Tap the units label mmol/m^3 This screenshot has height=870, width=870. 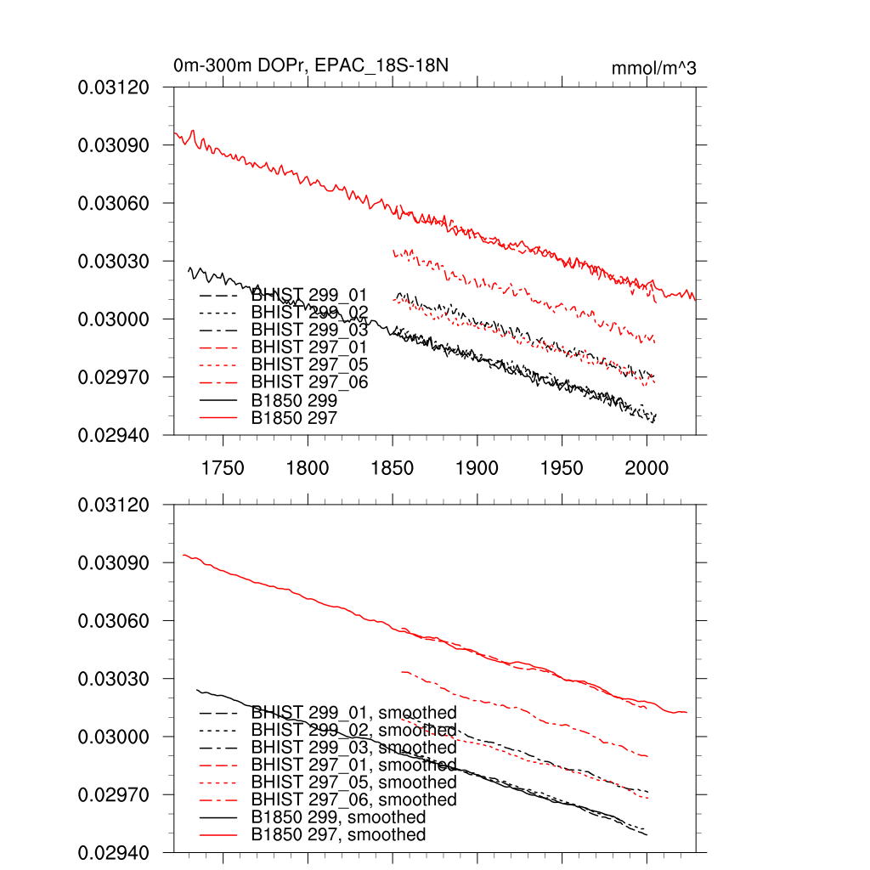pyautogui.click(x=653, y=68)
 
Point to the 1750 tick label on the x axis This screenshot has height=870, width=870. pyautogui.click(x=223, y=468)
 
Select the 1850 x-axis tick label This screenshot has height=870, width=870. pyautogui.click(x=393, y=468)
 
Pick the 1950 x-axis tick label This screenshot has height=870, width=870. pyautogui.click(x=562, y=468)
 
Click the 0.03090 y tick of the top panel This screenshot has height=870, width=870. pyautogui.click(x=114, y=145)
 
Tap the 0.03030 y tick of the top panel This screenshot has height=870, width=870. pyautogui.click(x=114, y=261)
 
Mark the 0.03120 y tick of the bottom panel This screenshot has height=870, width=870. pyautogui.click(x=114, y=505)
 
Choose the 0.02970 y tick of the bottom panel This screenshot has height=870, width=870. pyautogui.click(x=114, y=794)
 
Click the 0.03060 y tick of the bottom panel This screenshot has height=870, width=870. pyautogui.click(x=114, y=621)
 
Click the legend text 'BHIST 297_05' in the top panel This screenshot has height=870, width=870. pyautogui.click(x=309, y=364)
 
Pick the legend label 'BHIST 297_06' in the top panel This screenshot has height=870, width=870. pyautogui.click(x=309, y=382)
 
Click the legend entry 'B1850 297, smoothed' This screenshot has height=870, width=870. pyautogui.click(x=338, y=834)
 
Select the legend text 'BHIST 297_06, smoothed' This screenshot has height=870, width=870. pyautogui.click(x=353, y=799)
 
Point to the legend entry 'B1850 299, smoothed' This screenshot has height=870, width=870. pyautogui.click(x=338, y=817)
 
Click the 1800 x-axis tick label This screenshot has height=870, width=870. pyautogui.click(x=308, y=468)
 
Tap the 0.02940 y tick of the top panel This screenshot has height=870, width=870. pyautogui.click(x=114, y=435)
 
